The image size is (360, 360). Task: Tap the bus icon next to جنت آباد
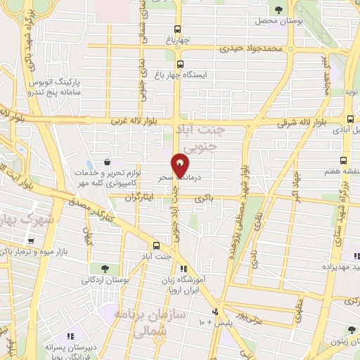[x=156, y=246]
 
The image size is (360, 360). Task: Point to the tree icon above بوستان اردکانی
[x=104, y=269]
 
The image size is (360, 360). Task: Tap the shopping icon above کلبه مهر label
[x=105, y=162]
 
